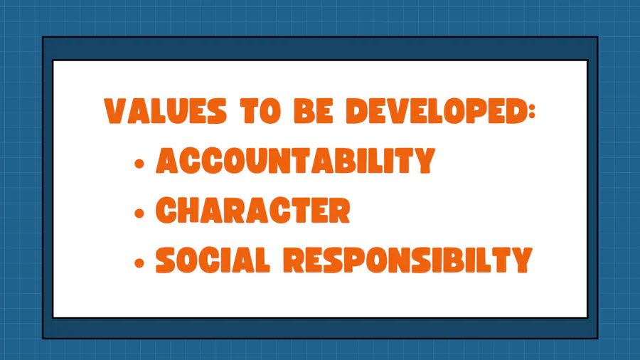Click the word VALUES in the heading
pyautogui.click(x=165, y=110)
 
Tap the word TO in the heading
pyautogui.click(x=260, y=110)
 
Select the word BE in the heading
pyautogui.click(x=314, y=110)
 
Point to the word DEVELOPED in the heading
pyautogui.click(x=435, y=110)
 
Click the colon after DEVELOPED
pyautogui.click(x=531, y=110)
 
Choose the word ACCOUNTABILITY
pyautogui.click(x=296, y=160)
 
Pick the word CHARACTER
pyautogui.click(x=252, y=210)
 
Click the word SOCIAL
pyautogui.click(x=213, y=260)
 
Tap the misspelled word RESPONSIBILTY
pyautogui.click(x=407, y=260)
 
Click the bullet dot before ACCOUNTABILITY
pyautogui.click(x=139, y=164)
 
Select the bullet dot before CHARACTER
pyautogui.click(x=139, y=213)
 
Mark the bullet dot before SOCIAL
pyautogui.click(x=139, y=263)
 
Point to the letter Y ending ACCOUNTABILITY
pyautogui.click(x=423, y=160)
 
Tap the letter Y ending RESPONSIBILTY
pyautogui.click(x=521, y=260)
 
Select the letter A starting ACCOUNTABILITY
pyautogui.click(x=168, y=160)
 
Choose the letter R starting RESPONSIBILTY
pyautogui.click(x=294, y=260)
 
